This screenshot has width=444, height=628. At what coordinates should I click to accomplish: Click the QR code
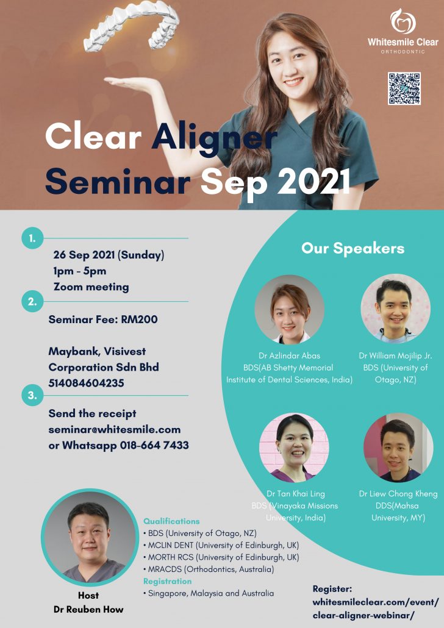point(404,88)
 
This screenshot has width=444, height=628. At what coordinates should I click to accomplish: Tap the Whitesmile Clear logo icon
point(403,21)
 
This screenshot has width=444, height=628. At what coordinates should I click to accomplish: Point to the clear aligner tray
point(132,26)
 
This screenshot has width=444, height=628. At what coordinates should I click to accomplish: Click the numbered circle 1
point(32,238)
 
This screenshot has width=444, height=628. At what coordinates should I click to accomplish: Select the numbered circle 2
point(32,302)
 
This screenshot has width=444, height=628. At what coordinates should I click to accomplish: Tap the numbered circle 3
point(32,395)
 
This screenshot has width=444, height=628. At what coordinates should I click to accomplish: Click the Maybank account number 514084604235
point(86,383)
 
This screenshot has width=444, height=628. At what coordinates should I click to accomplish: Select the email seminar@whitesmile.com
point(115,429)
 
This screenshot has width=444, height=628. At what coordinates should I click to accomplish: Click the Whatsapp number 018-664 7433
point(154,445)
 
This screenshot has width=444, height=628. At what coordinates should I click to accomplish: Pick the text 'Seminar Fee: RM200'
point(103,319)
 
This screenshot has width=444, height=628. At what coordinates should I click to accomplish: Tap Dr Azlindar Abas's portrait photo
point(289,309)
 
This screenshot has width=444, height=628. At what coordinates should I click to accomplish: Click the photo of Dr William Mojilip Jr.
point(395,309)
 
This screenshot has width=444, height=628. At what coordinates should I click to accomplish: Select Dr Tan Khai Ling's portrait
point(294,448)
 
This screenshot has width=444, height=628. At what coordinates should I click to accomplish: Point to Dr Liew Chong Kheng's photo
point(398,448)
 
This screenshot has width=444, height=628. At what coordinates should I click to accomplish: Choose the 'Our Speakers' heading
point(353,248)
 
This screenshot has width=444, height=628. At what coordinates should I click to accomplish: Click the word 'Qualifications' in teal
point(171,521)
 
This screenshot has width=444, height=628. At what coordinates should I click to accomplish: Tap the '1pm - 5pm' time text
point(80,271)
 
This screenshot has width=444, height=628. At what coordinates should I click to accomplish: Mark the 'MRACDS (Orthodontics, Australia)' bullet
point(209,569)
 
